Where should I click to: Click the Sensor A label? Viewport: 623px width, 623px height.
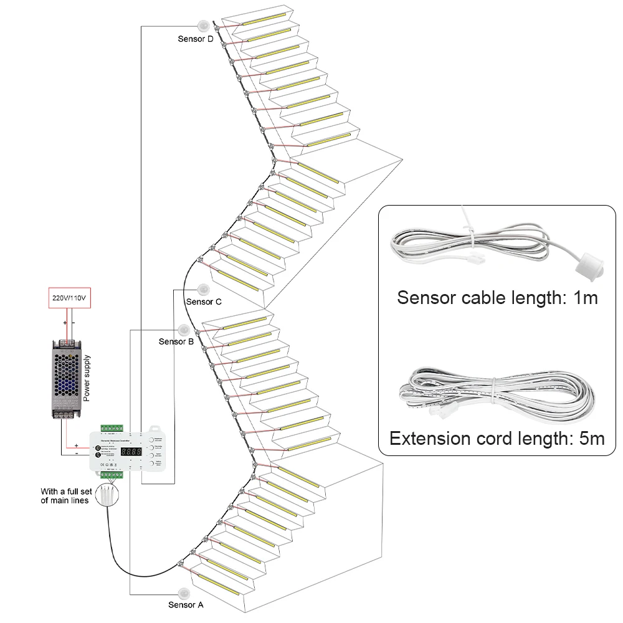coord(186,604)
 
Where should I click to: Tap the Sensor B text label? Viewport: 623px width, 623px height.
coord(176,341)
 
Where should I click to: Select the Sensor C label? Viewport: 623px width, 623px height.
coord(204,302)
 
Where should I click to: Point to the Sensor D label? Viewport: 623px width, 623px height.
coord(195,39)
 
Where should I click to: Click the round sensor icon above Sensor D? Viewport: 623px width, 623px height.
coord(204,26)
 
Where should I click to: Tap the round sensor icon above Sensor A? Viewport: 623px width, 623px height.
coord(185,591)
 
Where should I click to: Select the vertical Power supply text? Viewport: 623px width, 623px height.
coord(88,378)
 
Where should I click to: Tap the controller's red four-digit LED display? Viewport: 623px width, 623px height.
coord(132,450)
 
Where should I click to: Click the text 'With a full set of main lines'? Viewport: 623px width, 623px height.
coord(66,496)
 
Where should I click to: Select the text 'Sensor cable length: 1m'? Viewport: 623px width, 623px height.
coord(497,297)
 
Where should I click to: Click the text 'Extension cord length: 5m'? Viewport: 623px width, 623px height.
coord(497,438)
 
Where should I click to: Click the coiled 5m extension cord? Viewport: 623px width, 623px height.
coord(492,392)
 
